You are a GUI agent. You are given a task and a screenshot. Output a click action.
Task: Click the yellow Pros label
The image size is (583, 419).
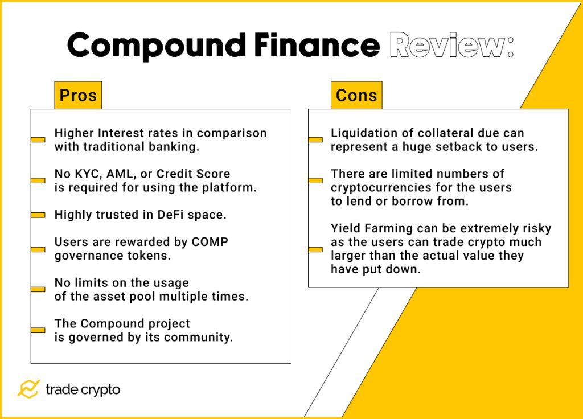click(x=78, y=95)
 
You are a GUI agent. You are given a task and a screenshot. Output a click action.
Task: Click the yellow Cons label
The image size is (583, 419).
click(x=356, y=95)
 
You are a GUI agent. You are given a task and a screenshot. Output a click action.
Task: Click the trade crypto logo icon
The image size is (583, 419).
click(x=28, y=389)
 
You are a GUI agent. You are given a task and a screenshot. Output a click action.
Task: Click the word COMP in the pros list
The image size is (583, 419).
click(x=210, y=242)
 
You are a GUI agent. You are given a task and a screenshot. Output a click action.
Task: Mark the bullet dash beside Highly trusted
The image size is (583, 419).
click(x=38, y=215)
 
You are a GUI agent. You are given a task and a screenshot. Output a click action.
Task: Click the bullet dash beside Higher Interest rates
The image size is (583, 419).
click(x=38, y=139)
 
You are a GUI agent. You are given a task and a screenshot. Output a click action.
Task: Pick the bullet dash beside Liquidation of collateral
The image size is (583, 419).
click(x=315, y=139)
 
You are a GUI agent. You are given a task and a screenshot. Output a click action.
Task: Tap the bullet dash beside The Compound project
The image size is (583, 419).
click(x=38, y=330)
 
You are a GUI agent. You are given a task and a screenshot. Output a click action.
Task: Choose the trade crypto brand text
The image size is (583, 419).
click(x=83, y=389)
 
